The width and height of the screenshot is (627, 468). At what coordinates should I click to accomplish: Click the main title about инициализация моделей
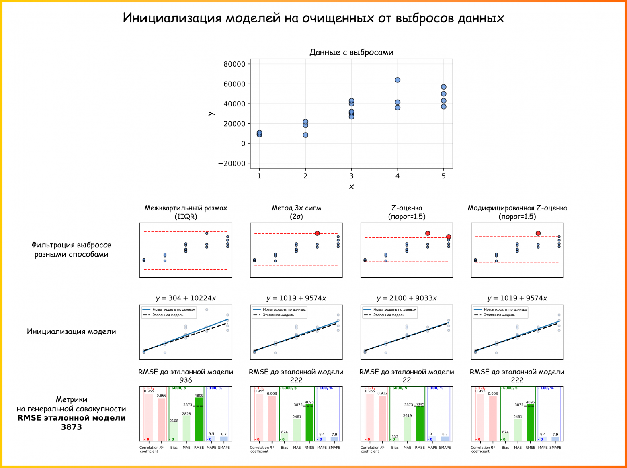tap(313, 18)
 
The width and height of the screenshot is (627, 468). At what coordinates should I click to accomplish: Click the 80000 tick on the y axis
tap(234, 64)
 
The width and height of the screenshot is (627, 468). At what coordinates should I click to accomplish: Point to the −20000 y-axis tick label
tap(232, 163)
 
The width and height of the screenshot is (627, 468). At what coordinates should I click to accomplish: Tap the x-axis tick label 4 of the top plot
tap(398, 176)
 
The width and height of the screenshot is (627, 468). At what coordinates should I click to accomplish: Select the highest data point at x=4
tap(398, 80)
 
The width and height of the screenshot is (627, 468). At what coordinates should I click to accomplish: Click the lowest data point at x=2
tap(305, 135)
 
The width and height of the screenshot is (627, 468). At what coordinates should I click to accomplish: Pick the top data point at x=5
tap(443, 87)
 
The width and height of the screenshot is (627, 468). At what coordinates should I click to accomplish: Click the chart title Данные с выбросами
tap(351, 52)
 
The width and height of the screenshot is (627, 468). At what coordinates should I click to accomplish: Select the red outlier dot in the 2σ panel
tap(317, 233)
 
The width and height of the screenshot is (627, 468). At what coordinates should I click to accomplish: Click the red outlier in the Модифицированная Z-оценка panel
tap(538, 233)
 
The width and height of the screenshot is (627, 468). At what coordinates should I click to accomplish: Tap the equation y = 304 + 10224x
tap(186, 298)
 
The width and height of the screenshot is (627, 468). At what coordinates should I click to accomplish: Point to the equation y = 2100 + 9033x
tap(407, 298)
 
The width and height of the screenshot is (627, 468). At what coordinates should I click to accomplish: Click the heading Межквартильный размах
tap(186, 208)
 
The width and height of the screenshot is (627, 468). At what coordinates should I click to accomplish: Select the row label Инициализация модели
tap(71, 332)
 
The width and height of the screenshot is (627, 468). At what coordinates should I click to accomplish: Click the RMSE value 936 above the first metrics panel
tap(186, 380)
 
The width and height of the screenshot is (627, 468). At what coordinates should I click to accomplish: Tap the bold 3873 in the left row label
tap(71, 427)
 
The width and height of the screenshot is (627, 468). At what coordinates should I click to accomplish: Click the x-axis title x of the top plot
tap(351, 187)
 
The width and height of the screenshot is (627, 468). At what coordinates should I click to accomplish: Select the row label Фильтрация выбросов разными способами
tap(71, 249)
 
